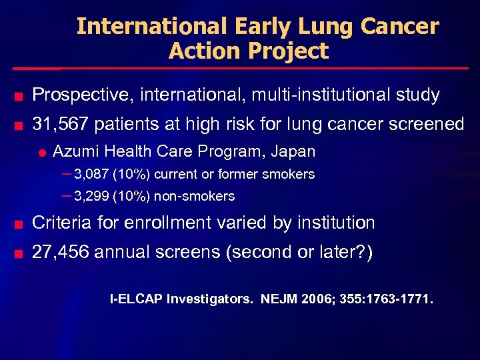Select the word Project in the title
(291, 51)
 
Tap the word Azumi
(75, 151)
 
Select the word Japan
(293, 151)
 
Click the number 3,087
(93, 175)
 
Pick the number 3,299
(93, 197)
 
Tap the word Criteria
(64, 222)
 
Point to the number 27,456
(60, 252)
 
